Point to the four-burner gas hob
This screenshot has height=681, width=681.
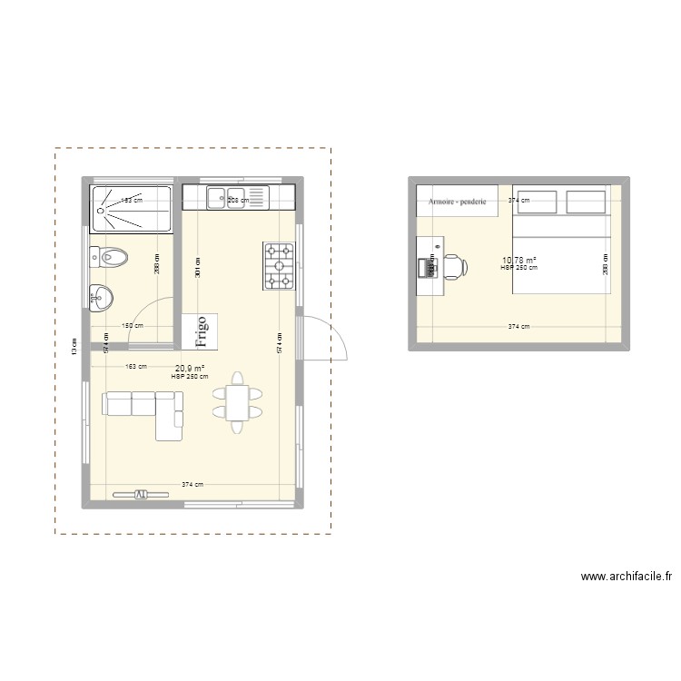click(x=280, y=266)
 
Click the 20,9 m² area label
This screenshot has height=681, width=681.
click(x=190, y=369)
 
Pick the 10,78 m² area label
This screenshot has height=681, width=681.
click(x=518, y=261)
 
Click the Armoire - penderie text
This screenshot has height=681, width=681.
click(x=459, y=201)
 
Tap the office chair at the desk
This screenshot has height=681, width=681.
click(x=455, y=266)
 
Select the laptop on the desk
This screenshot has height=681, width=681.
click(x=427, y=267)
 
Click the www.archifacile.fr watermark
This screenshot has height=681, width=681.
click(x=627, y=576)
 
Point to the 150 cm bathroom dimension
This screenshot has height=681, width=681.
click(x=133, y=325)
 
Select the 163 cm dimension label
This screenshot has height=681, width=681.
click(x=135, y=367)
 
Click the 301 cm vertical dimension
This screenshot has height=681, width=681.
click(x=198, y=266)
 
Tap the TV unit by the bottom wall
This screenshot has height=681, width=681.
click(x=141, y=495)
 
